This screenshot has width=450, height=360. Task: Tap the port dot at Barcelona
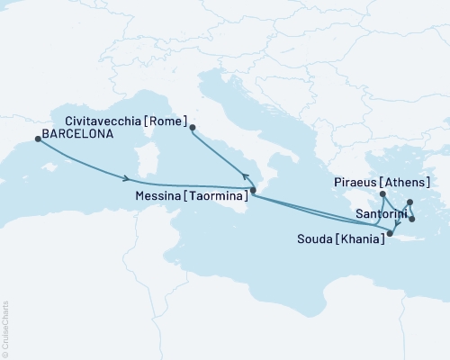tap(38, 139)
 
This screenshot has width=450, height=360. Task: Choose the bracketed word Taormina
tap(219, 194)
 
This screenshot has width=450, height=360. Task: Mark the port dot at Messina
tap(253, 191)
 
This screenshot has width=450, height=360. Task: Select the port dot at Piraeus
tap(382, 193)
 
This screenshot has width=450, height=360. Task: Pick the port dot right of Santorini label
tap(411, 219)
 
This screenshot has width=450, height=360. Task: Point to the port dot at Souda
tap(390, 234)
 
